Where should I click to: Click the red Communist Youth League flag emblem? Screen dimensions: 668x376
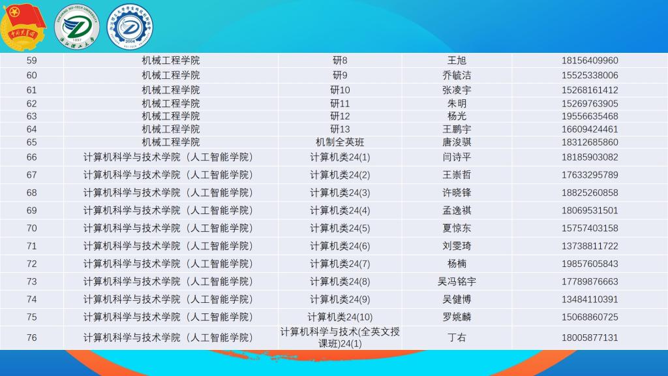[x=23, y=27]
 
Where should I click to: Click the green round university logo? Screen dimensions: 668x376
[x=77, y=27]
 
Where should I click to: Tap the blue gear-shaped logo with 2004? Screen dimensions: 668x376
[x=130, y=27]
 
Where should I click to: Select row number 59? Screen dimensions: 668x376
[x=31, y=61]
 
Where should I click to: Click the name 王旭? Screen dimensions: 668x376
[x=457, y=61]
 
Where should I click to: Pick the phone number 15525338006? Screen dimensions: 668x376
[x=590, y=76]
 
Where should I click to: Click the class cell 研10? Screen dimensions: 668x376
[x=340, y=90]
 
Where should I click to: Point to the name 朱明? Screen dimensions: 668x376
[x=457, y=104]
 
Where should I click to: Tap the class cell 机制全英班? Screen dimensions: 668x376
[x=340, y=142]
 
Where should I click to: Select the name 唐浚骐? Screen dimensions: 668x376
[x=457, y=142]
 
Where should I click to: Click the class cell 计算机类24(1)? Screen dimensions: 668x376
[x=340, y=157]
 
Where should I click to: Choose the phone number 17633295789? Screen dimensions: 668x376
[x=590, y=175]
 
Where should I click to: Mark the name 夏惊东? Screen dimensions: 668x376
[x=457, y=228]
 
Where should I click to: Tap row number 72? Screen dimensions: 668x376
[x=31, y=264]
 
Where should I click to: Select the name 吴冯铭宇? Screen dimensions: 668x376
[x=457, y=282]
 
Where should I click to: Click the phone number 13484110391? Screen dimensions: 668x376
[x=590, y=300]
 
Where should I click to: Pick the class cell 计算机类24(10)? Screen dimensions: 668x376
[x=340, y=317]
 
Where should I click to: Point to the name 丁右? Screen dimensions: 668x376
[x=457, y=337]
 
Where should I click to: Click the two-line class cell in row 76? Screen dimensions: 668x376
[x=340, y=337]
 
